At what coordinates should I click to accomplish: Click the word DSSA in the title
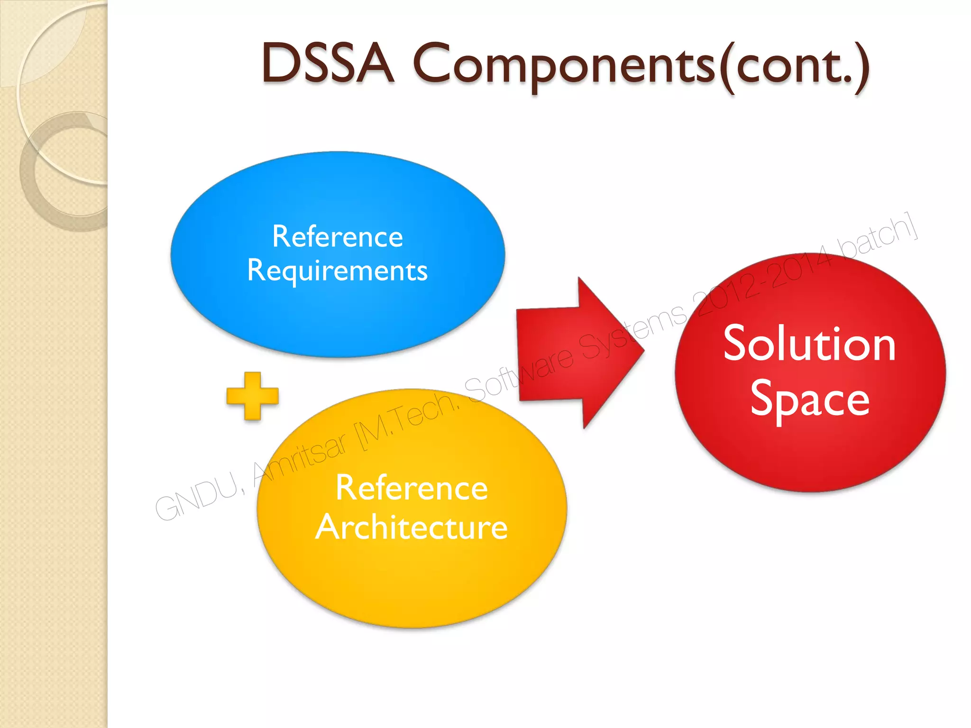pos(327,64)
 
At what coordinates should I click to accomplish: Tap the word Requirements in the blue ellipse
pos(337,271)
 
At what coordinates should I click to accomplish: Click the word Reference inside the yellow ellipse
pos(412,488)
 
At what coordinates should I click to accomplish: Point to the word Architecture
pos(412,528)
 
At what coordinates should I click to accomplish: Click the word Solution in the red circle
pos(809,345)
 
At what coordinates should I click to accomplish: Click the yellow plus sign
pos(252,396)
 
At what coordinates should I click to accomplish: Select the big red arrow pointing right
pos(569,353)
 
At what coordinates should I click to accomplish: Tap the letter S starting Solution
pos(738,344)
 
